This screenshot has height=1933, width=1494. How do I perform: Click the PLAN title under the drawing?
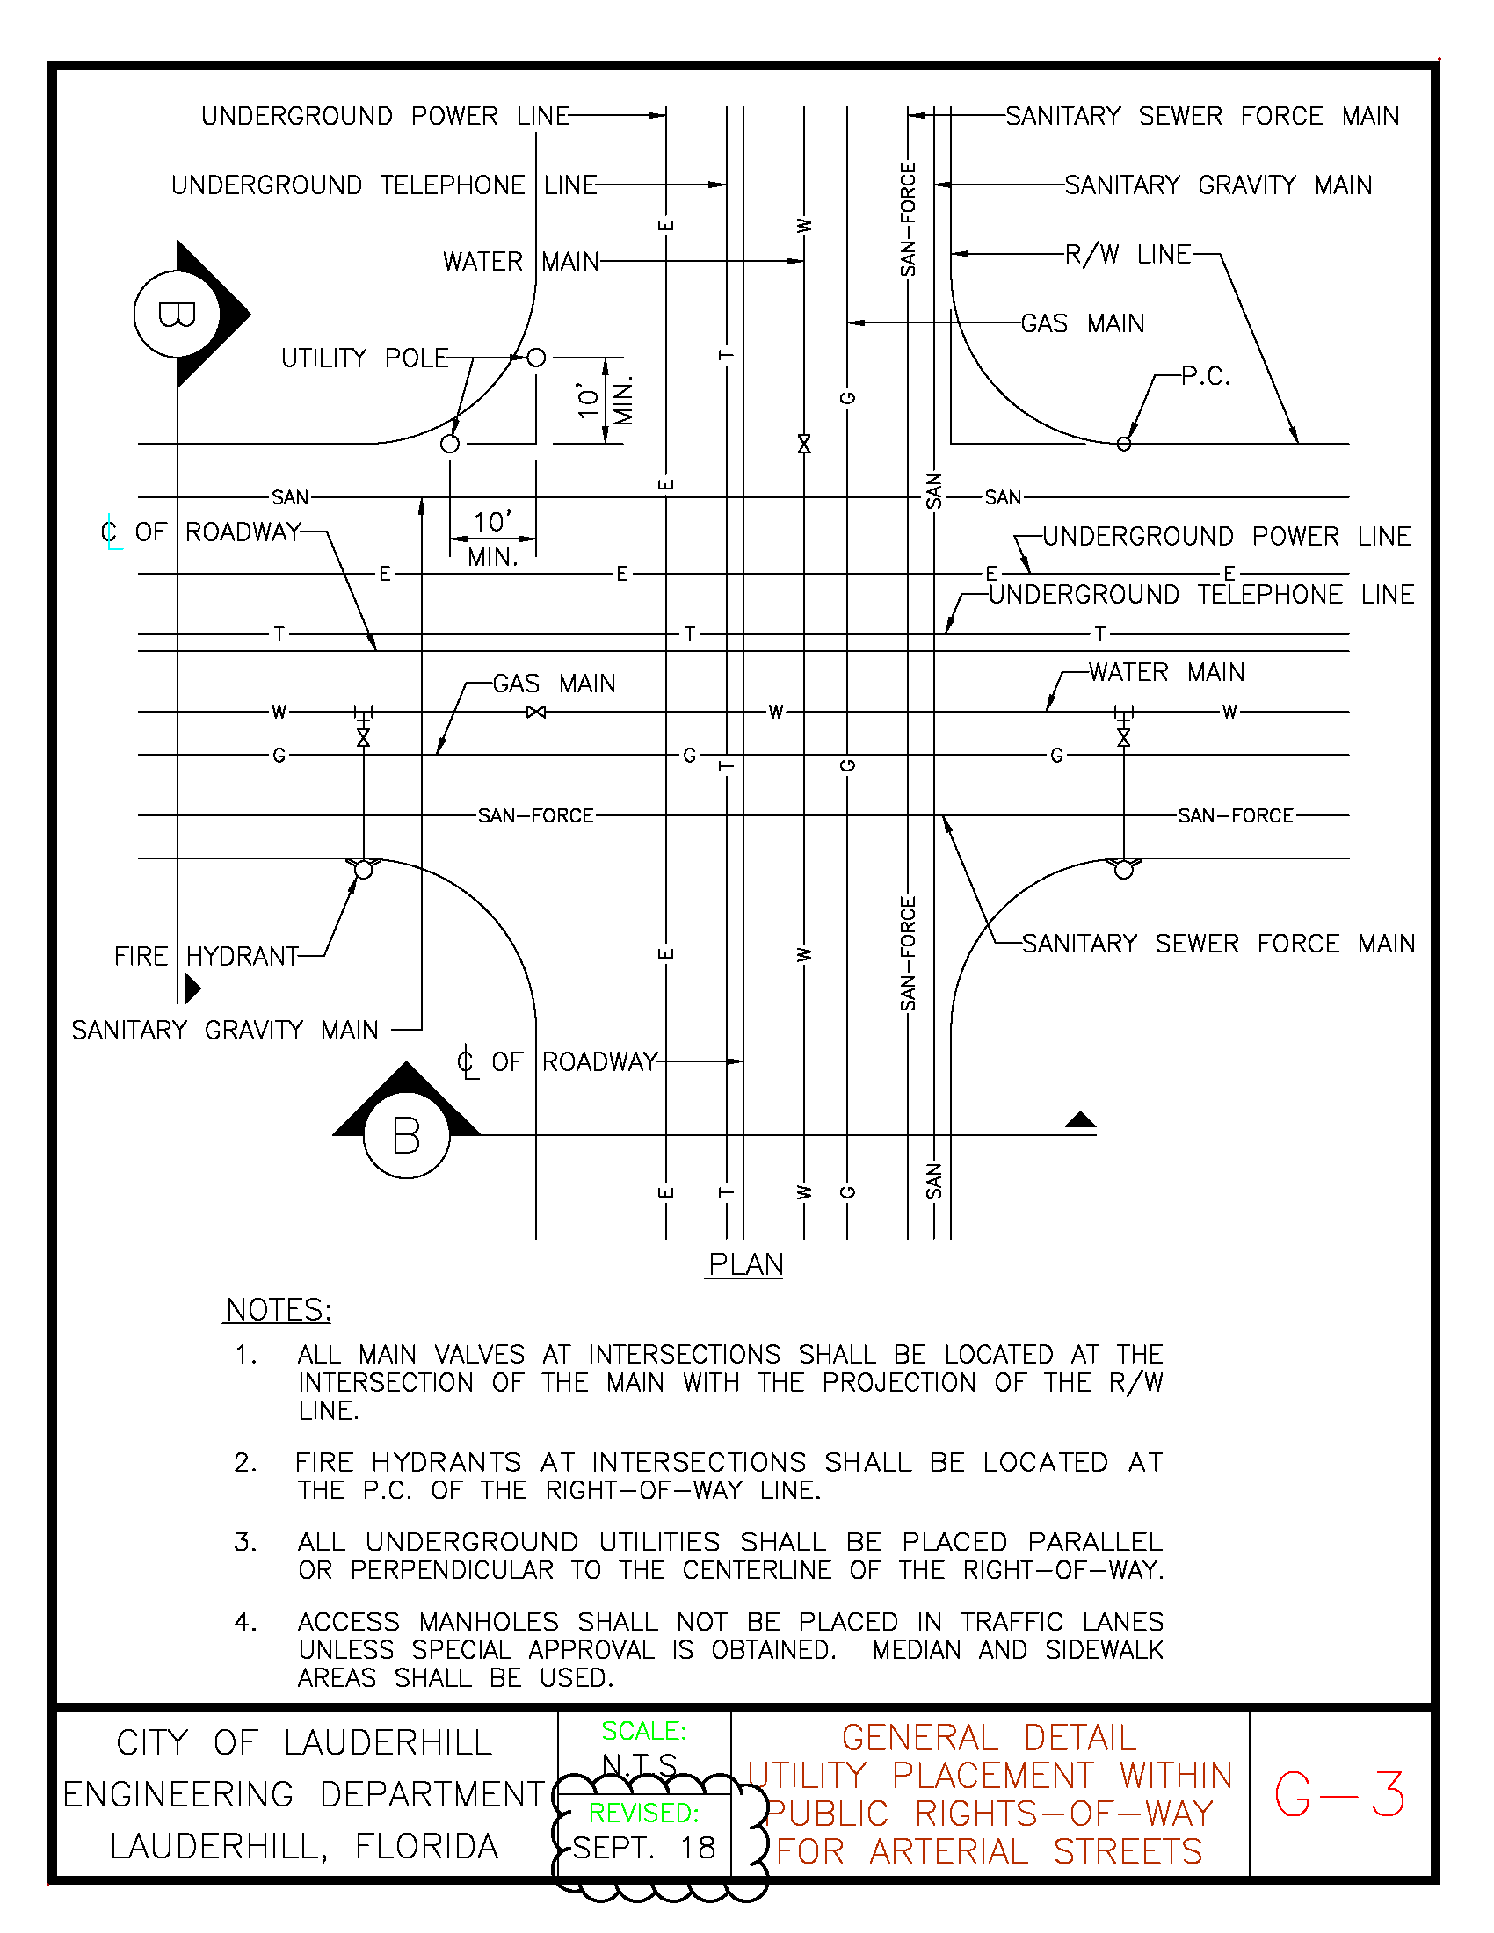(745, 1263)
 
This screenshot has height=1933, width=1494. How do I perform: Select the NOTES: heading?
(278, 1309)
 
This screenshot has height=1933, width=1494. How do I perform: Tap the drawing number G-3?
(1338, 1794)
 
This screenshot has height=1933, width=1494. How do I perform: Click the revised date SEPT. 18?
(643, 1847)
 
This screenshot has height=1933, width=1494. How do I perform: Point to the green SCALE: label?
(643, 1730)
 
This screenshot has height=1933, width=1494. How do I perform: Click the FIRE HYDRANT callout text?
(207, 956)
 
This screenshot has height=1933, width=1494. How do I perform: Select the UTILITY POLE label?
(365, 358)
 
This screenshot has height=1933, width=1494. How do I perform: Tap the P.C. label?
(1206, 376)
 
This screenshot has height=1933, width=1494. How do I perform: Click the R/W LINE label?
(1128, 255)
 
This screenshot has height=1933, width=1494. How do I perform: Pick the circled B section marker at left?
(177, 315)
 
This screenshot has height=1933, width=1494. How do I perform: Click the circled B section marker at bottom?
(406, 1135)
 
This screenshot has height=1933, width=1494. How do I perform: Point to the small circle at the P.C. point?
(1123, 444)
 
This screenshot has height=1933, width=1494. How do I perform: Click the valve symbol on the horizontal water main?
(535, 712)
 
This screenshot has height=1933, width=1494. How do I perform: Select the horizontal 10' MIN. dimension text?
(492, 538)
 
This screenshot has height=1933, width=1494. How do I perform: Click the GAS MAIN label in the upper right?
(1082, 323)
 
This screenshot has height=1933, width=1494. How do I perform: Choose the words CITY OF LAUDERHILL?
(303, 1742)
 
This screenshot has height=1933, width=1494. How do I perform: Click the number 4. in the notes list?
(245, 1621)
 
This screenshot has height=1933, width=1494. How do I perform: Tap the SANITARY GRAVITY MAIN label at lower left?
(225, 1031)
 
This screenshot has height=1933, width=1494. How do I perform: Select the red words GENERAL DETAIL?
(989, 1737)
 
